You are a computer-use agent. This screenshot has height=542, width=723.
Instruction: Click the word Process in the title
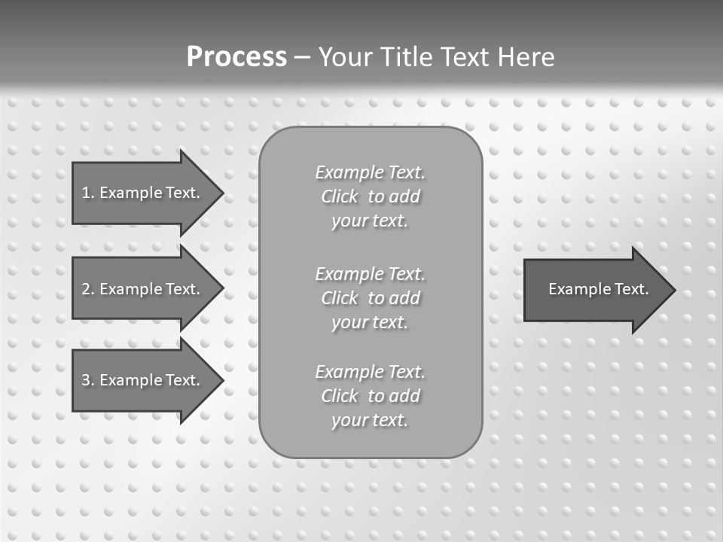236,57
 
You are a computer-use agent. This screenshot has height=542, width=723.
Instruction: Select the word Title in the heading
407,57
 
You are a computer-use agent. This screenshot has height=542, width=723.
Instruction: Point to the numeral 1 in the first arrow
85,193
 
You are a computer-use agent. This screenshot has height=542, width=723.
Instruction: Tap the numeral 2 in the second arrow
86,289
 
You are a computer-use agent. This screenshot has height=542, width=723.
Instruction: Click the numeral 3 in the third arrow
86,380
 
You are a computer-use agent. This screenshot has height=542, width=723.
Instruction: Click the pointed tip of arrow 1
221,193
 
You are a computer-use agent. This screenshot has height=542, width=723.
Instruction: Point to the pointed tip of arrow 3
221,380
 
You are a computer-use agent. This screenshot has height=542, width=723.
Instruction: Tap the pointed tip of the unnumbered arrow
673,290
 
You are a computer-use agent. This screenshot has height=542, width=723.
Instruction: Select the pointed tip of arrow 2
221,289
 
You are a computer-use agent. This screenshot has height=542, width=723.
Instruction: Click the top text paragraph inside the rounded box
370,196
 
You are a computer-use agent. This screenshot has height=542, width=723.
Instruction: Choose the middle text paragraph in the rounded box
370,297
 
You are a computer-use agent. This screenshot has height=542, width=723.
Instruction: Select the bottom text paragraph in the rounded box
370,396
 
